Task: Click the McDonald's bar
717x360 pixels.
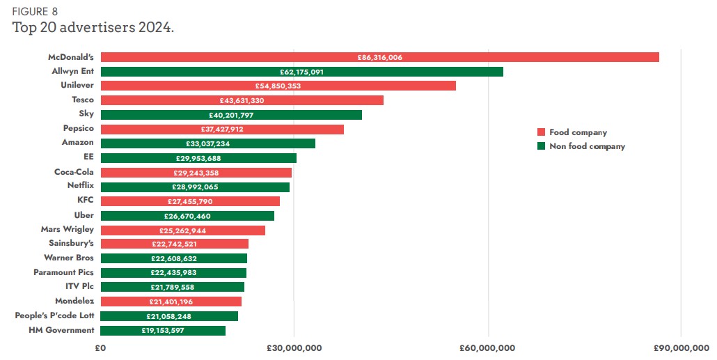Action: pos(379,57)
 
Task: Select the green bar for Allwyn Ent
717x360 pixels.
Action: pos(301,72)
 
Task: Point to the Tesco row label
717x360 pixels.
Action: pos(83,100)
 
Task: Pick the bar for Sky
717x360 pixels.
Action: pos(231,115)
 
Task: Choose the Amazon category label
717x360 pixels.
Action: pos(77,143)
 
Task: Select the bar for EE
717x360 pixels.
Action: pos(198,158)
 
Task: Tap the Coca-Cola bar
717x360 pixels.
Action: pos(196,173)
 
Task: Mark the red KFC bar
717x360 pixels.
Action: pos(190,201)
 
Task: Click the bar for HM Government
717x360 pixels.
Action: pos(163,331)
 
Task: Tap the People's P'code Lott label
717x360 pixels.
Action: pos(54,316)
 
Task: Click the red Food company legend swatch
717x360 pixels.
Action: pos(540,132)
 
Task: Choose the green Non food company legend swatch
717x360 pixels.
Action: pos(540,146)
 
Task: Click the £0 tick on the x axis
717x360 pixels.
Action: pos(100,347)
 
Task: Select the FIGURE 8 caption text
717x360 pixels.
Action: pos(34,10)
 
